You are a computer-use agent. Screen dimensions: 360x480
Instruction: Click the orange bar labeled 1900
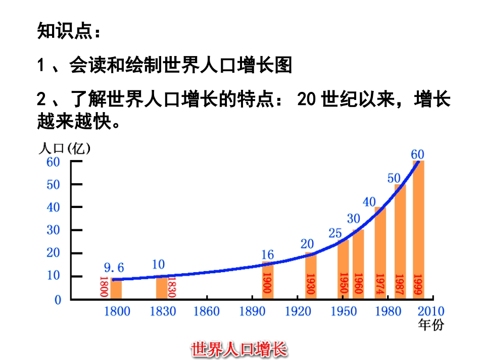(267, 280)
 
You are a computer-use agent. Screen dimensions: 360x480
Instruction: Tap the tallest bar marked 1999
(418, 230)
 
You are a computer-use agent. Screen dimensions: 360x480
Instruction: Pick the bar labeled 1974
(380, 252)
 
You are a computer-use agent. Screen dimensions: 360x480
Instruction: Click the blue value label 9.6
(114, 267)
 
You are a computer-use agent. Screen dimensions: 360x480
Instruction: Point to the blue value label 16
(268, 255)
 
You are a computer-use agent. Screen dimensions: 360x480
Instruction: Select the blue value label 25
(335, 234)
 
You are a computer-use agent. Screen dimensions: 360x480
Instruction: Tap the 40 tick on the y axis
(54, 207)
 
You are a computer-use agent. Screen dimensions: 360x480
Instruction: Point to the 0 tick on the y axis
(58, 299)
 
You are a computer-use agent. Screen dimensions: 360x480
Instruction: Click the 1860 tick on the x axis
(207, 311)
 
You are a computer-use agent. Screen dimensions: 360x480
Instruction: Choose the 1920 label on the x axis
(298, 311)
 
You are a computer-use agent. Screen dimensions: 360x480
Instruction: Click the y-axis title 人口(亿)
(64, 148)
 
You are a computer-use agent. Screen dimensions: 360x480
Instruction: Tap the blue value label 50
(394, 178)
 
